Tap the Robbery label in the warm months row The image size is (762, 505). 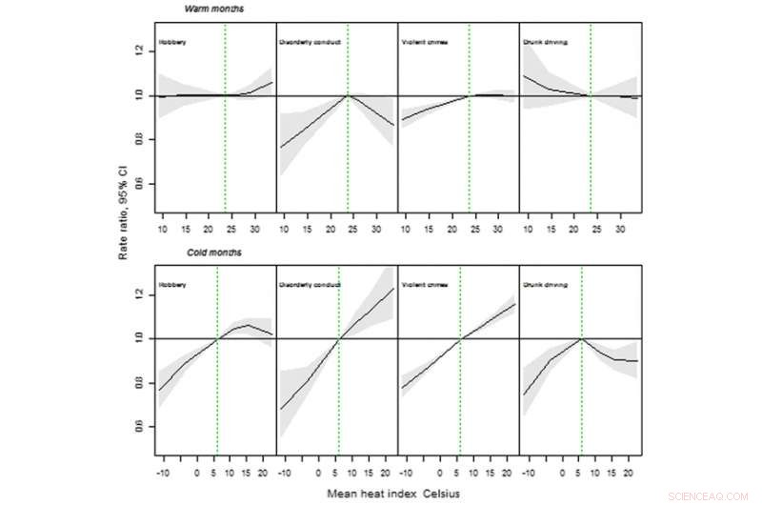(173, 43)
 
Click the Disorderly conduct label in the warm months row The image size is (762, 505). (310, 43)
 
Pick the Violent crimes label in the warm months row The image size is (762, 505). (425, 43)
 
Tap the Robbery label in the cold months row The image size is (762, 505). (173, 284)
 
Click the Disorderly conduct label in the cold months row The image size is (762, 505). (310, 284)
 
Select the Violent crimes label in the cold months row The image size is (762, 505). (425, 284)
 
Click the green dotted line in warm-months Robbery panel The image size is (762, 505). (225, 143)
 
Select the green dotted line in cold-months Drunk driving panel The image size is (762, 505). (581, 400)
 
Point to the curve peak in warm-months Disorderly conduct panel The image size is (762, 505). (348, 94)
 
